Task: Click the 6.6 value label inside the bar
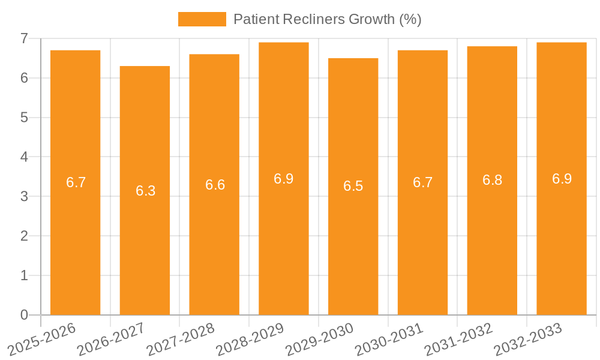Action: (215, 185)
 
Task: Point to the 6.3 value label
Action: (145, 191)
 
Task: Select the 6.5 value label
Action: (353, 186)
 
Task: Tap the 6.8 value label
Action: (492, 180)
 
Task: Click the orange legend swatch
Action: (202, 19)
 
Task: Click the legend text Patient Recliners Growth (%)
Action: (327, 19)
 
